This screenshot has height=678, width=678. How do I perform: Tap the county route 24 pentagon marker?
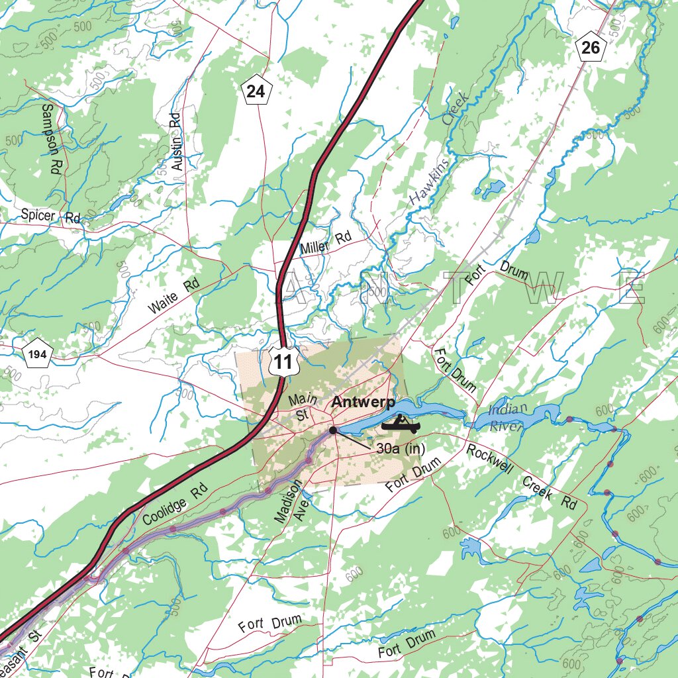(256, 91)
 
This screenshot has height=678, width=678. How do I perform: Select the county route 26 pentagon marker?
(591, 47)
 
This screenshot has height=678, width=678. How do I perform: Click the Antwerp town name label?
(363, 402)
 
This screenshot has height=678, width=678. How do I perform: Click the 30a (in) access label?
(400, 448)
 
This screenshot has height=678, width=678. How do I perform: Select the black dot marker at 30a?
(333, 430)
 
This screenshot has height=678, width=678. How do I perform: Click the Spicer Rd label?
(50, 216)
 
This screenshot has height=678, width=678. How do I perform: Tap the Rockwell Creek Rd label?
(522, 477)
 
